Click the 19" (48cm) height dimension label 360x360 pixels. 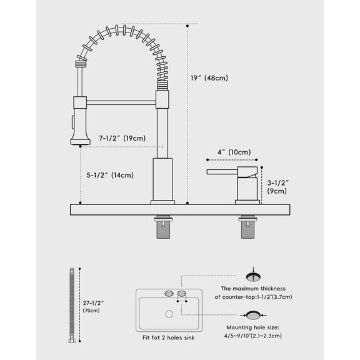coord(209,78)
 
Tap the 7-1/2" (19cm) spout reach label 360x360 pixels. coord(122,138)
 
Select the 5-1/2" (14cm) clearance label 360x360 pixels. coord(110,175)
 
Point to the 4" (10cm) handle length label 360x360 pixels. coord(234,152)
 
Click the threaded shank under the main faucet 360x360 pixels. coord(163,227)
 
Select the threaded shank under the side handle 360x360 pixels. coord(247,227)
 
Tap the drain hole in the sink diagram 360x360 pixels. coord(169,313)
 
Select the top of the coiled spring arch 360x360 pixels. coord(122,29)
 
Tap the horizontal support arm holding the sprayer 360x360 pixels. coord(121,102)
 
